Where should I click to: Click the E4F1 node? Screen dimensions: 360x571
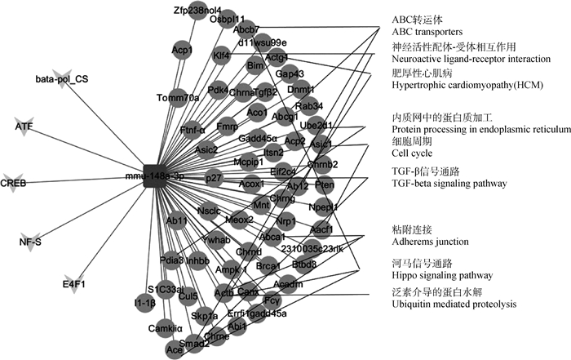74,283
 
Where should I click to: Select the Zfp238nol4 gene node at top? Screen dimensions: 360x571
193,11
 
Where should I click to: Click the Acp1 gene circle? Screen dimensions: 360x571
182,51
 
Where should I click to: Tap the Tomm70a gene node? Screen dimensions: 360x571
178,98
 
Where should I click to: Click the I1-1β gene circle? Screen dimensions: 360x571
145,303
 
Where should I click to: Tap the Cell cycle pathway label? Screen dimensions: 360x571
411,153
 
